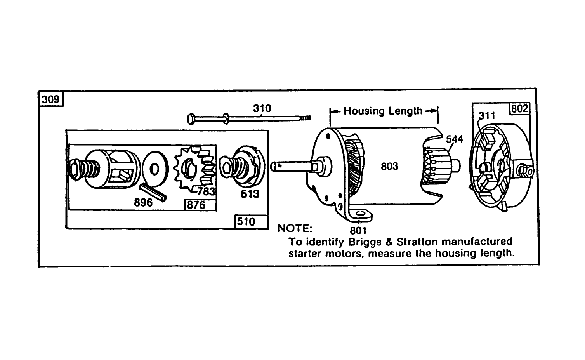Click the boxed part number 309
click(x=51, y=99)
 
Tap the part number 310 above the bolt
click(x=262, y=108)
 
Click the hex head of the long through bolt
click(x=191, y=118)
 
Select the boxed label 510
click(x=246, y=222)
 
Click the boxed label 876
click(x=196, y=205)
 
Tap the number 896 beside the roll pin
click(x=143, y=202)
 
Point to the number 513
click(x=250, y=193)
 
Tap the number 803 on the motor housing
click(x=389, y=166)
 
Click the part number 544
click(x=454, y=139)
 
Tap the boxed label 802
click(x=519, y=109)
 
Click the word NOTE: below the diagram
click(x=294, y=228)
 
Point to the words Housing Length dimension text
click(x=383, y=111)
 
